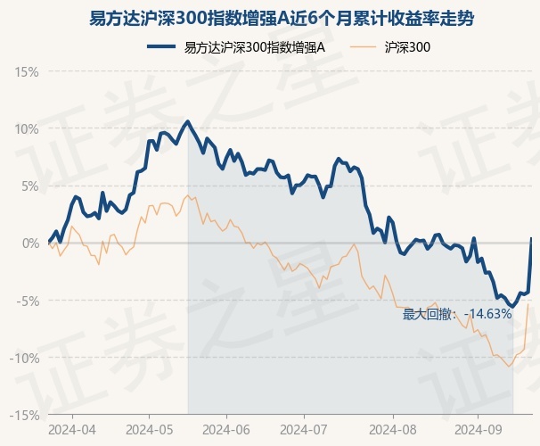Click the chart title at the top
point(269,17)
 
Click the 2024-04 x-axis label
point(72,428)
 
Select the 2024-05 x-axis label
point(149,428)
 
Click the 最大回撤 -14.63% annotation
point(457,313)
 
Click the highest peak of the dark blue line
point(187,121)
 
